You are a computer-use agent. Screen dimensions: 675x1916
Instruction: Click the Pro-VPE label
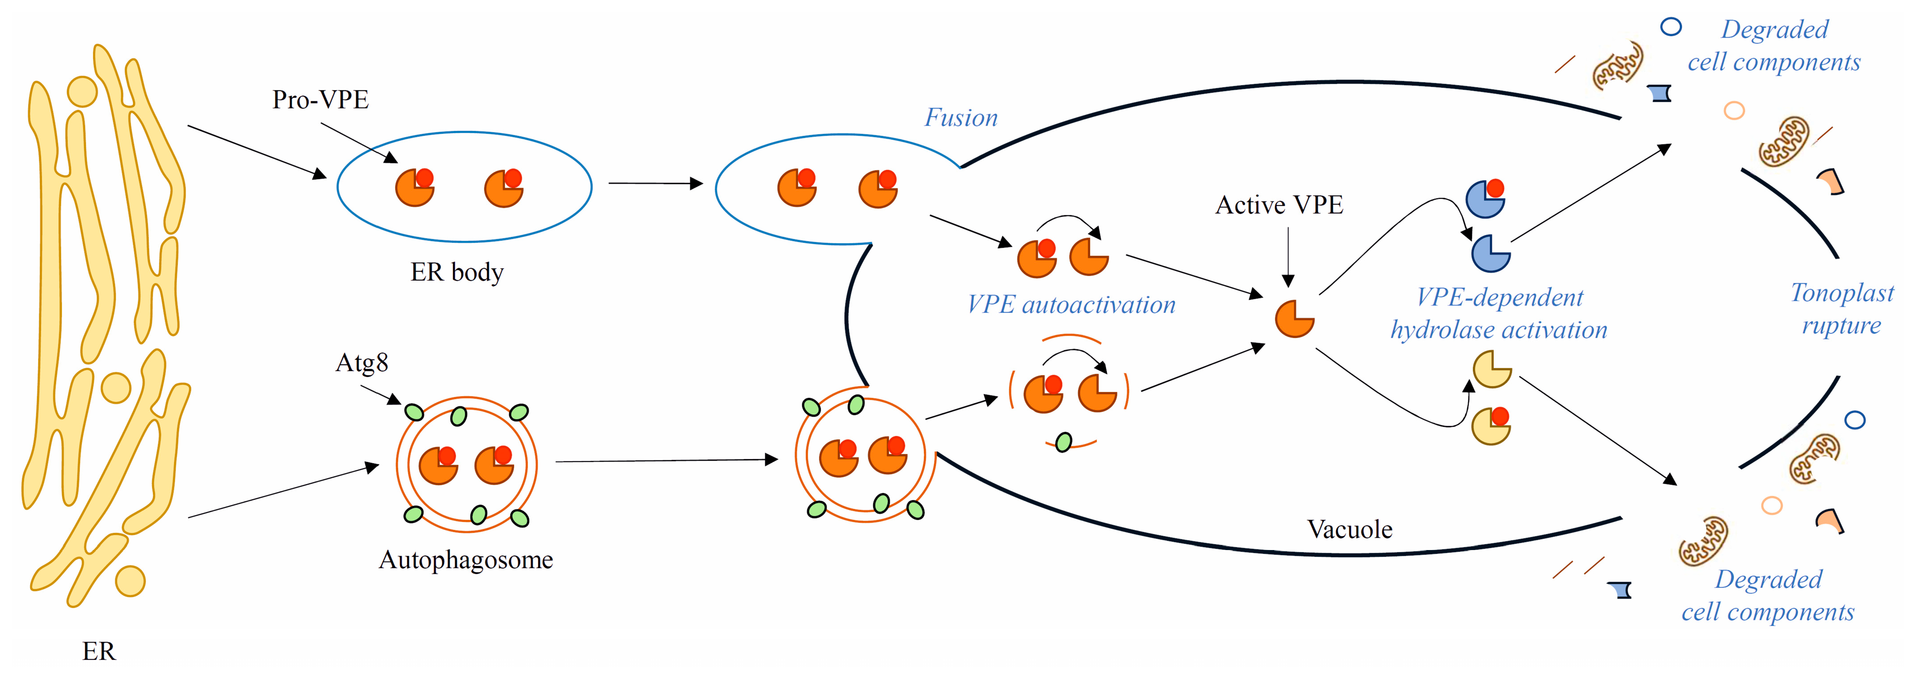coord(320,100)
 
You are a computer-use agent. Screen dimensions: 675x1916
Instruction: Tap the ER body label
coord(457,272)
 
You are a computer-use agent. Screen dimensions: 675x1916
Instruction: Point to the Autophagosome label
coord(466,560)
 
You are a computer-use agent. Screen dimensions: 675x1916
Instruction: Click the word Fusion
coord(960,117)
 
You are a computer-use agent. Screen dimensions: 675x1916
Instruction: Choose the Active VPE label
coord(1279,205)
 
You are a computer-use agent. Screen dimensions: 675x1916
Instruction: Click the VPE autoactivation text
coord(1071,305)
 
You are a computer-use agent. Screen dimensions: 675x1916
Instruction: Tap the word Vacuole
coord(1349,529)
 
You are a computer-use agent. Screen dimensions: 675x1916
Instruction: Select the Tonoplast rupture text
coord(1842,309)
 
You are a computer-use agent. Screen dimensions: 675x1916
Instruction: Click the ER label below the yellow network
coord(98,651)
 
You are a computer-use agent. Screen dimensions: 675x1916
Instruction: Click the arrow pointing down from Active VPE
coord(1288,257)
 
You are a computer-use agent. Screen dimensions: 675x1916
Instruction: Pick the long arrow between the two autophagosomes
coord(666,461)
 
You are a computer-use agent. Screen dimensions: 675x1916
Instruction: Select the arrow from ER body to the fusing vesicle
coord(655,183)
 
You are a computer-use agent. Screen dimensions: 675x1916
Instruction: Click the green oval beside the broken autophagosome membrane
coord(1064,442)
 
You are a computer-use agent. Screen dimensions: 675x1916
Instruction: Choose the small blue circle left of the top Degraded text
coord(1671,27)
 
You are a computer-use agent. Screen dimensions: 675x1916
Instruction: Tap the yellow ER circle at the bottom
coord(130,581)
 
